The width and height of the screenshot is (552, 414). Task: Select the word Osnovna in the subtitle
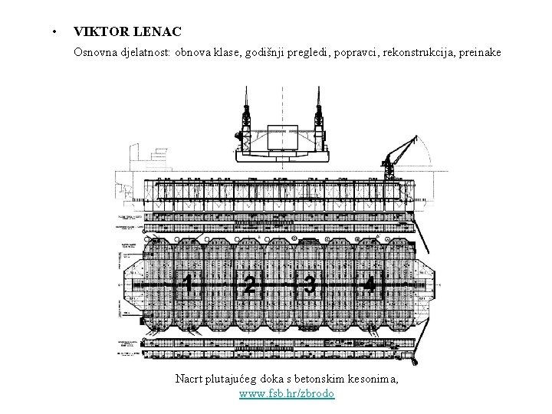pyautogui.click(x=97, y=53)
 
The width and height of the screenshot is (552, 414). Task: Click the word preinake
pyautogui.click(x=480, y=53)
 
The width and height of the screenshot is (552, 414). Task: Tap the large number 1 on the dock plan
pyautogui.click(x=188, y=285)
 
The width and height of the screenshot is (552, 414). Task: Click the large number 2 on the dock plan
pyautogui.click(x=248, y=285)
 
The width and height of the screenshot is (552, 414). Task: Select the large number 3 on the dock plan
pyautogui.click(x=309, y=285)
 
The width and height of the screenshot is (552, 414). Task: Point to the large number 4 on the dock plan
pyautogui.click(x=370, y=285)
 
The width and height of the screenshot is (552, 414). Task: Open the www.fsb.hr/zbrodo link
pyautogui.click(x=287, y=393)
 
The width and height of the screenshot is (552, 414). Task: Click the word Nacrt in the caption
pyautogui.click(x=189, y=379)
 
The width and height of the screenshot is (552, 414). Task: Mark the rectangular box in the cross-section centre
pyautogui.click(x=282, y=136)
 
